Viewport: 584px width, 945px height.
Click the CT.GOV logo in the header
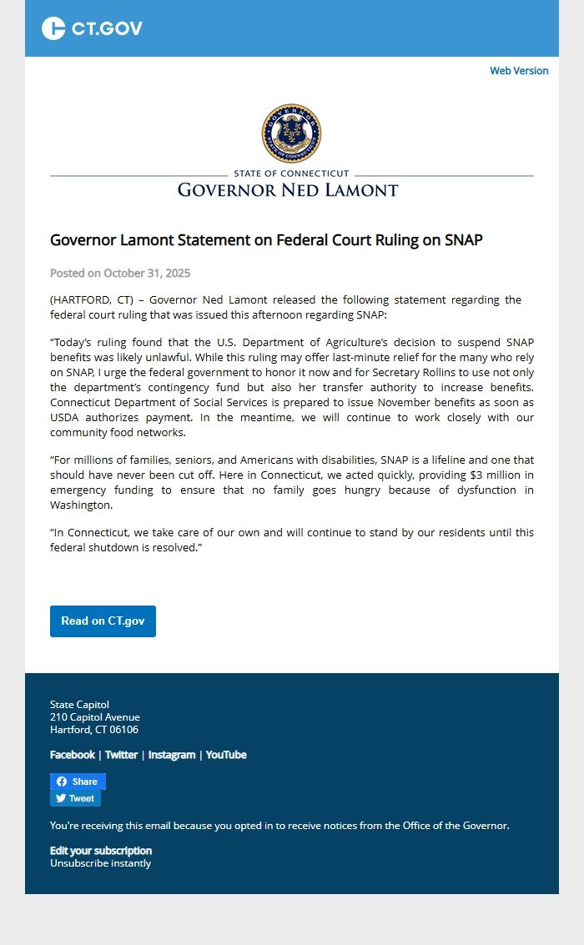tap(92, 28)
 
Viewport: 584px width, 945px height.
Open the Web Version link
tap(519, 71)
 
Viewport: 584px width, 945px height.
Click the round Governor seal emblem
tap(291, 133)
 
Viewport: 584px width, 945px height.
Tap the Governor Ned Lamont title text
tap(288, 190)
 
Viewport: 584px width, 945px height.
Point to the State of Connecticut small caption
tap(291, 173)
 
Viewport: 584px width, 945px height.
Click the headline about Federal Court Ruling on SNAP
tap(266, 240)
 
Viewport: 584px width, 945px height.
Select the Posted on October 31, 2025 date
tap(120, 273)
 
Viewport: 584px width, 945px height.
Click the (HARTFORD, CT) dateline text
tap(92, 299)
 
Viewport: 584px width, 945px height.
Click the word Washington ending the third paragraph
tap(80, 505)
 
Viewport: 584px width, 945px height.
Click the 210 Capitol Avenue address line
tap(95, 717)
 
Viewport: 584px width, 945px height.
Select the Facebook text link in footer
tap(73, 755)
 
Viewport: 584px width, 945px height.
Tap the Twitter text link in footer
tap(121, 755)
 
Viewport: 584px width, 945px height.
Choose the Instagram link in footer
tap(172, 755)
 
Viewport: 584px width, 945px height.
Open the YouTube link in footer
tap(226, 755)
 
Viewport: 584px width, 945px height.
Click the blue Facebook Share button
tap(78, 782)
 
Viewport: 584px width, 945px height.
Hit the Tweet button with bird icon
tap(75, 798)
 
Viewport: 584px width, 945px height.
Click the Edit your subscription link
tap(101, 851)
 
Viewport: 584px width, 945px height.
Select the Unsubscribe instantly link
tap(100, 863)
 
